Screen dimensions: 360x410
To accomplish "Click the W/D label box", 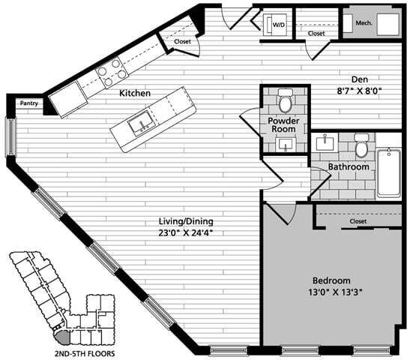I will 278,25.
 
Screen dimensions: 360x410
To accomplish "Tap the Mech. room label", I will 364,23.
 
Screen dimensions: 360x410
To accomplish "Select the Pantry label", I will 28,103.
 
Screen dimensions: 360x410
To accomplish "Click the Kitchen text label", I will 135,93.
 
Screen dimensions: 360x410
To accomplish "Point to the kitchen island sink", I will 140,124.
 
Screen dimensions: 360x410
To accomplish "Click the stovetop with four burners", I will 112,72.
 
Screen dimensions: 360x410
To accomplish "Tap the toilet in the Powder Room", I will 285,99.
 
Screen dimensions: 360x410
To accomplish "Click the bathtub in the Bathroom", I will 388,172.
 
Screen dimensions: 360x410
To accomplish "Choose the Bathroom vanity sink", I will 327,142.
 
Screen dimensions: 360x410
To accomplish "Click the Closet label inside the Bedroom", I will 358,222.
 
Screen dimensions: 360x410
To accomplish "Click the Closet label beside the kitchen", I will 183,41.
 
